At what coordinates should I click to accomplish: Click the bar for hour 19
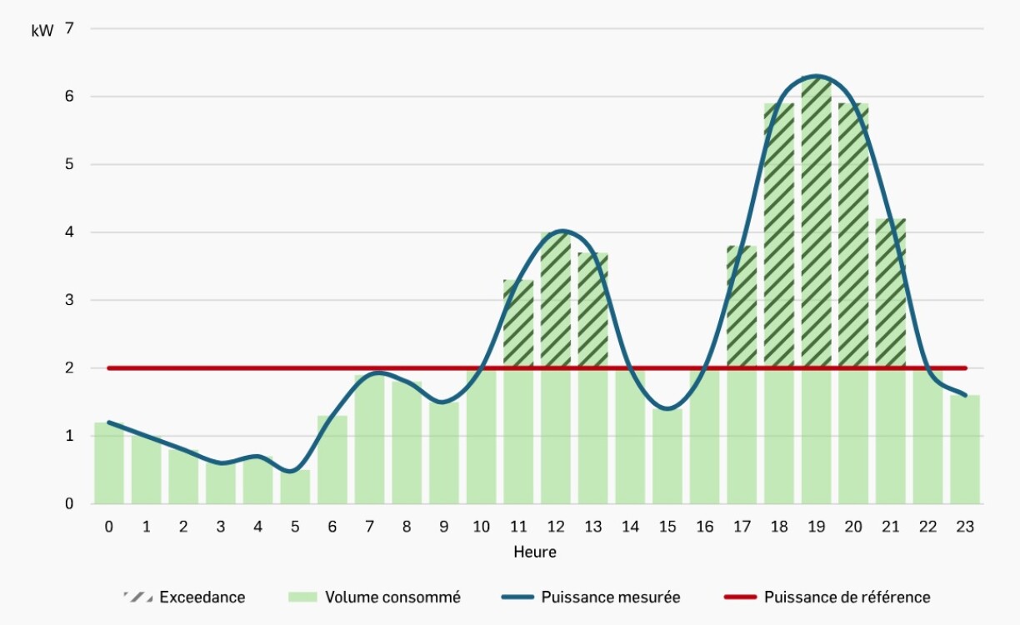pos(816,292)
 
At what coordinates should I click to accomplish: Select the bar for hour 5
pos(295,487)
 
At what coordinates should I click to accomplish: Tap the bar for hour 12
pos(556,367)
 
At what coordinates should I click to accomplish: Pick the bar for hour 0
pos(109,463)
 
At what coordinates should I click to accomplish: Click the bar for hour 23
pos(965,450)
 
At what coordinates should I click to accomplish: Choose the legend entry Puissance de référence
pos(847,597)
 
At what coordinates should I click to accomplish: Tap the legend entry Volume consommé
pos(392,597)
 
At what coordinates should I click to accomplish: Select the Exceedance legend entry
pos(202,597)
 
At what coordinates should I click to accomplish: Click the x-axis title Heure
pos(535,552)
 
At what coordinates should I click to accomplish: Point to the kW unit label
pos(43,32)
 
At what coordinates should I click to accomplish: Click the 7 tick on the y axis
pos(69,28)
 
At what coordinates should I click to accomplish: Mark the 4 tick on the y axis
pos(69,232)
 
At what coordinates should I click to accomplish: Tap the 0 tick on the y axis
pos(69,503)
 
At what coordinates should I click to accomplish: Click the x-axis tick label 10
pos(482,527)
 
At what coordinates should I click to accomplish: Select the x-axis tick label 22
pos(928,527)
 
